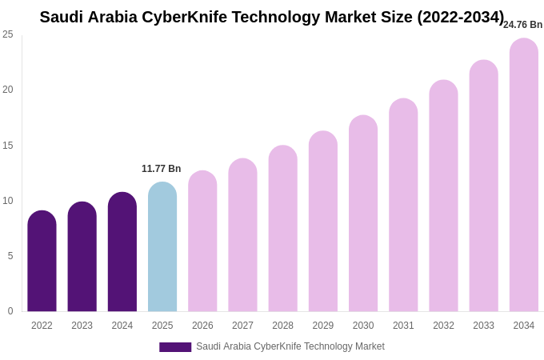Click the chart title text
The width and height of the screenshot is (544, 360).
[x=272, y=17]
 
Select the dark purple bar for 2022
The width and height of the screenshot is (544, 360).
[x=42, y=262]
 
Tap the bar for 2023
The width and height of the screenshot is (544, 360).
[x=82, y=257]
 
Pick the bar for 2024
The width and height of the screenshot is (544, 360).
[x=122, y=252]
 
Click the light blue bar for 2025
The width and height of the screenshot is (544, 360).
[x=162, y=247]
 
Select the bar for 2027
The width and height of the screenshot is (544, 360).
[x=242, y=235]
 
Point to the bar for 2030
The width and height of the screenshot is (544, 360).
[x=363, y=214]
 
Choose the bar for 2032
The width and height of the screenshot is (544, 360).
[x=443, y=196]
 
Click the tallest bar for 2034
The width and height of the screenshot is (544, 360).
[x=524, y=175]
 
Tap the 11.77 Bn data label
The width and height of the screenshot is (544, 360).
[x=162, y=169]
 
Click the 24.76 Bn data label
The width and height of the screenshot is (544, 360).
[x=522, y=25]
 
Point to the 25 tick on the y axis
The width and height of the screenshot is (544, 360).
[x=8, y=34]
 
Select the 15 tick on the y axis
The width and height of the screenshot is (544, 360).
[x=8, y=146]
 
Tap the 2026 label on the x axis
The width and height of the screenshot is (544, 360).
[x=202, y=326]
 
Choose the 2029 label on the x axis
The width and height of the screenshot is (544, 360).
[x=323, y=326]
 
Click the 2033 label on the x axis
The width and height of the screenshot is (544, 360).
[x=483, y=326]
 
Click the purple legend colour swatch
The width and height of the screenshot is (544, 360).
[x=175, y=347]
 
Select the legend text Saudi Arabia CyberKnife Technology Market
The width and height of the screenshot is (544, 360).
[x=290, y=346]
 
